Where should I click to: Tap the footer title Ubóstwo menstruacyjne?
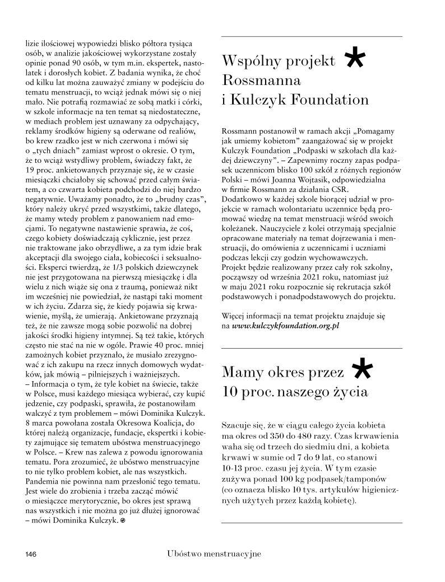pos(214,553)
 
